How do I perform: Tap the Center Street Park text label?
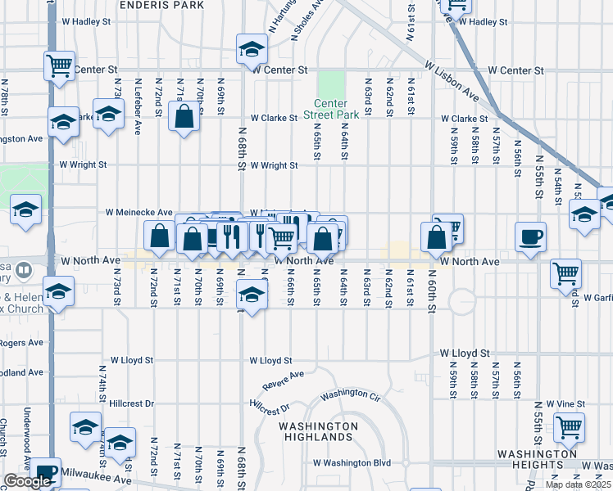(330, 109)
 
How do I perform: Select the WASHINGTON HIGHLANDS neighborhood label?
(318, 431)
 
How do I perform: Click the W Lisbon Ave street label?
(452, 79)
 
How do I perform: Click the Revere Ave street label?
(284, 380)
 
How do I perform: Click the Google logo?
(27, 481)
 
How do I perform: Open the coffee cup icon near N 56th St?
(530, 236)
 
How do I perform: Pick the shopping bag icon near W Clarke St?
(184, 116)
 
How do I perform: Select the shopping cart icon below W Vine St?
(569, 426)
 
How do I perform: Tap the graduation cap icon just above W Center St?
(252, 48)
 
